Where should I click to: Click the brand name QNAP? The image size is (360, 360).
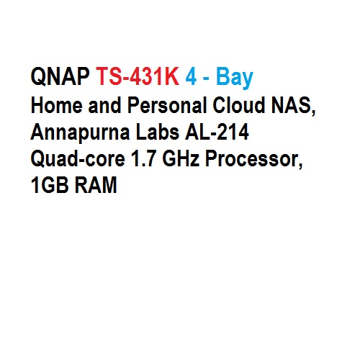(x=60, y=76)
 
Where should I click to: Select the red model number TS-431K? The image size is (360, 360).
(x=138, y=76)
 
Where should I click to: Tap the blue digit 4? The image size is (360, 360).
(x=191, y=76)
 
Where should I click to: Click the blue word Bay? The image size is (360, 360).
(x=235, y=78)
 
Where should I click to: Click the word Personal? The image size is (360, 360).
(x=167, y=105)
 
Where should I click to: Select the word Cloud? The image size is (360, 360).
(x=239, y=105)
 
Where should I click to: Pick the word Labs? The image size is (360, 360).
(x=158, y=132)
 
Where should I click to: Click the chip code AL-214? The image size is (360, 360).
(x=217, y=132)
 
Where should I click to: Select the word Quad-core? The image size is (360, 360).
(x=78, y=159)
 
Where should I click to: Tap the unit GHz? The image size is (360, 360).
(x=181, y=158)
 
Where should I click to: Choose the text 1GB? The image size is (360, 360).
(x=50, y=185)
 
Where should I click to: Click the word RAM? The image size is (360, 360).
(x=96, y=185)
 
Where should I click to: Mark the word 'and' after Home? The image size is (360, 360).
(x=104, y=105)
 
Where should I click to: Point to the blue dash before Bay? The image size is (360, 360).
(x=206, y=78)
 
